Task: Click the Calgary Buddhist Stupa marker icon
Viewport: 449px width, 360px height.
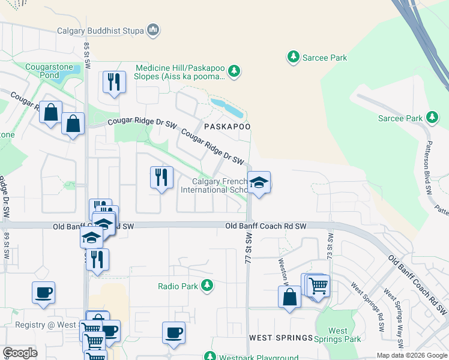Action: click(153, 29)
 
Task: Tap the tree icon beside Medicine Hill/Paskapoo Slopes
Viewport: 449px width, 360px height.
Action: click(234, 72)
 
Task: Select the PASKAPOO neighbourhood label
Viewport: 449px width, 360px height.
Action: click(226, 127)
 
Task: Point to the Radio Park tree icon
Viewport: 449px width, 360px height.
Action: click(207, 286)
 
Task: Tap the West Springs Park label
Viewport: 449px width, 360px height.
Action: click(338, 335)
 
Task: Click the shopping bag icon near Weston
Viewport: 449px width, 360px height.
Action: click(289, 296)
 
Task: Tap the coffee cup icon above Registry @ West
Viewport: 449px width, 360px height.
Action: click(43, 293)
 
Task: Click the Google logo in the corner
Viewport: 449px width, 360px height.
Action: click(20, 352)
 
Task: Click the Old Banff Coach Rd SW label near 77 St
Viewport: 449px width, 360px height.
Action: click(266, 226)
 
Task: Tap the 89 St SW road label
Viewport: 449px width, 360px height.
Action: click(7, 245)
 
